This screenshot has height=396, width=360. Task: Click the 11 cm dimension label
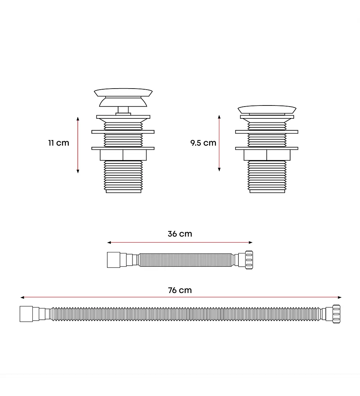click(59, 143)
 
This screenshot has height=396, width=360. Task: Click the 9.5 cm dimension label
click(203, 143)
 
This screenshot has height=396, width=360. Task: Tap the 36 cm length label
click(180, 234)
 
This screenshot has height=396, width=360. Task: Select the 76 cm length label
click(180, 290)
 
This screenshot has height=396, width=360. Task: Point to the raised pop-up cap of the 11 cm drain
click(123, 97)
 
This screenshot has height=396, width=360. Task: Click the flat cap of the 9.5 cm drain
click(267, 109)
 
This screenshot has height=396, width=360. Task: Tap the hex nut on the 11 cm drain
click(123, 155)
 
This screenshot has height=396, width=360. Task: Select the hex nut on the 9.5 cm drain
click(267, 155)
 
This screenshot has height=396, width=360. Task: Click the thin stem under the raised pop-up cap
click(123, 110)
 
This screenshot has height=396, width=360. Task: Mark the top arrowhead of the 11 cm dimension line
click(78, 118)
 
